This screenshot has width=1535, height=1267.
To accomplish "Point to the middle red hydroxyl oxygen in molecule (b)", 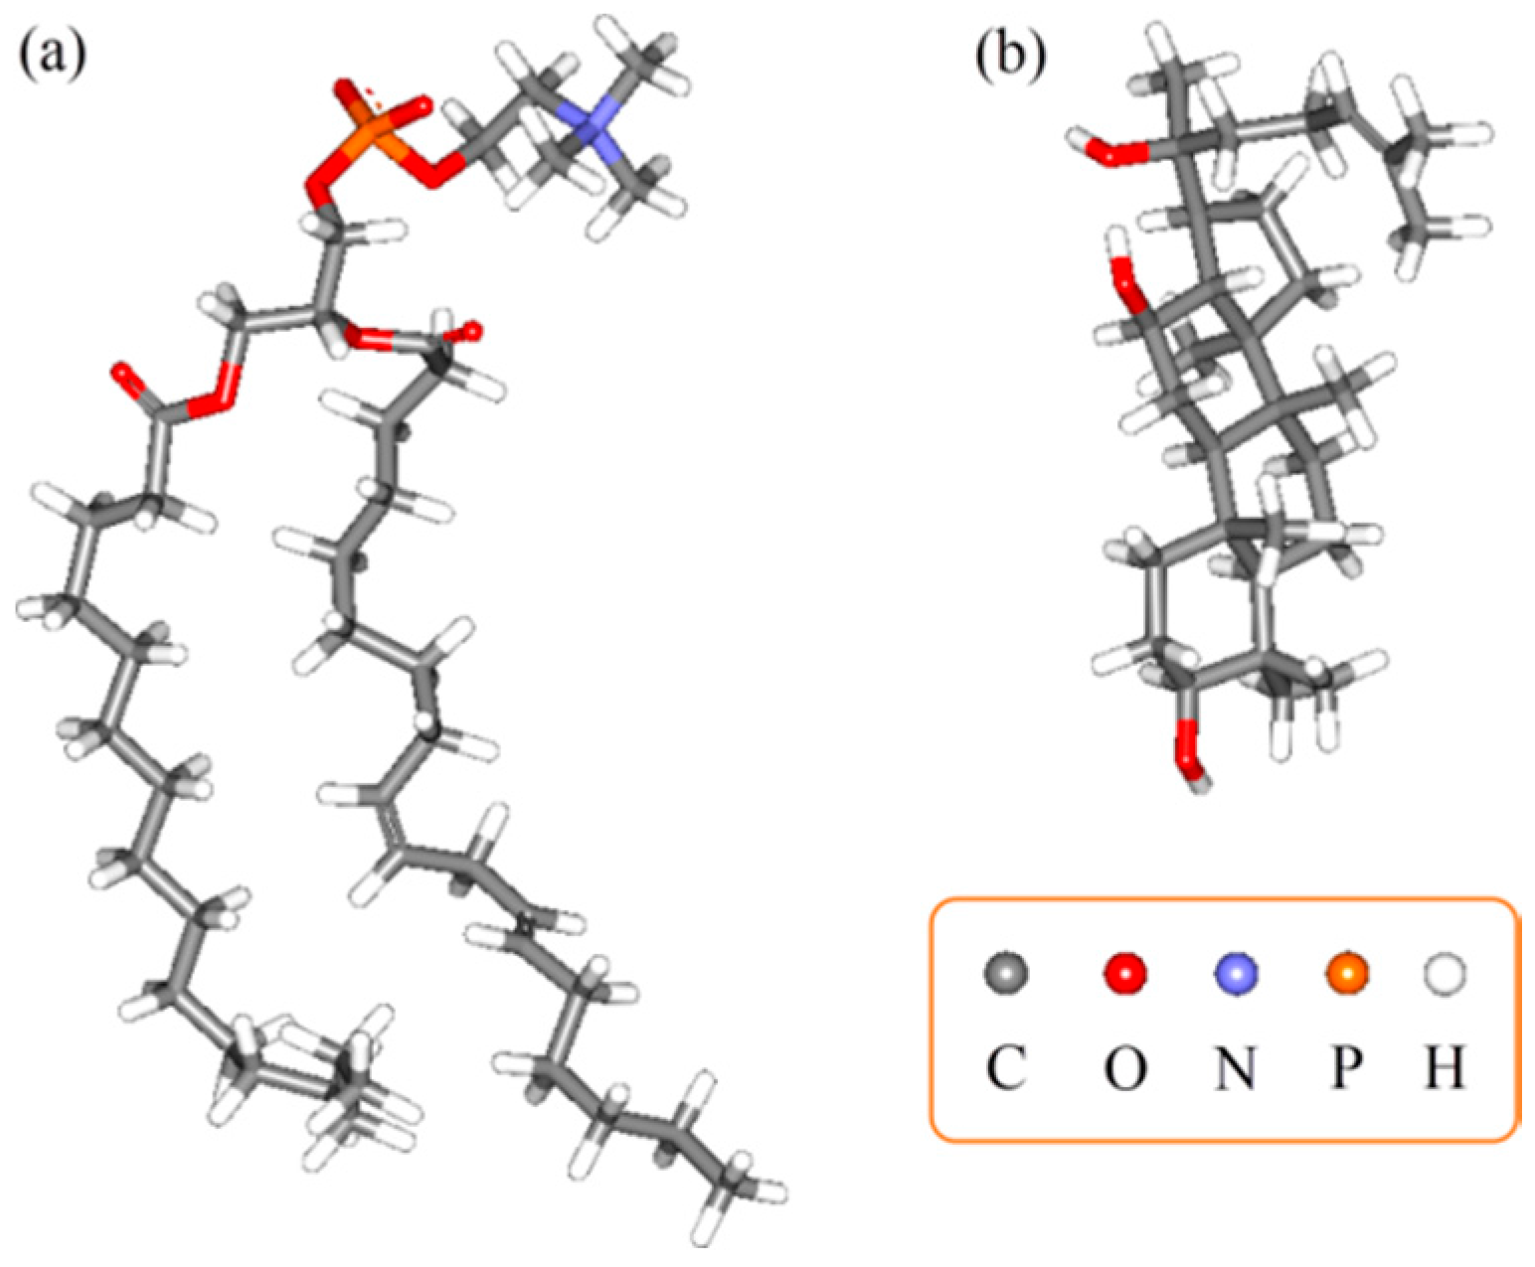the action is pyautogui.click(x=1128, y=283).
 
